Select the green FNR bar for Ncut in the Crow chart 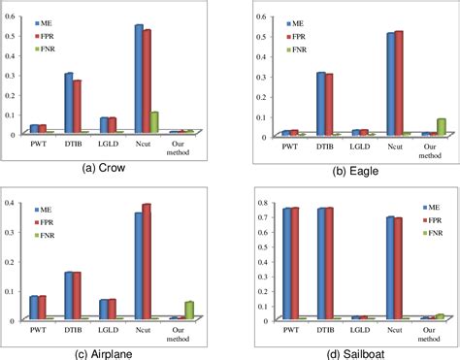point(154,122)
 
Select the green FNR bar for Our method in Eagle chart point(442,126)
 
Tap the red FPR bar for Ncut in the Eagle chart point(398,83)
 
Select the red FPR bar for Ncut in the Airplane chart point(147,261)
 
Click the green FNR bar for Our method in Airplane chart point(188,310)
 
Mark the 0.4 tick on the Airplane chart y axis point(10,176)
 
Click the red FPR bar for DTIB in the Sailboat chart point(330,263)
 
